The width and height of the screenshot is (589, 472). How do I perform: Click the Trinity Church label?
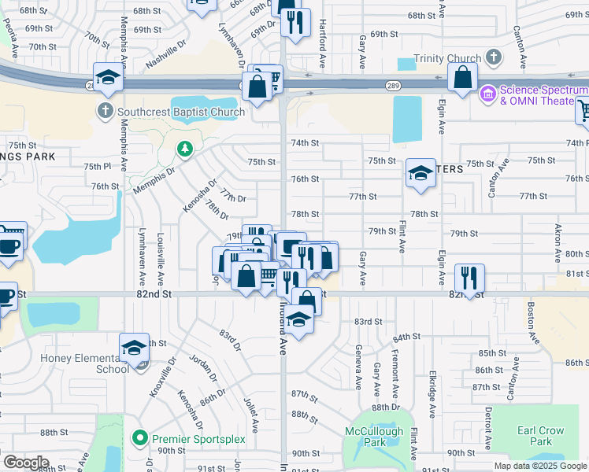tap(447, 58)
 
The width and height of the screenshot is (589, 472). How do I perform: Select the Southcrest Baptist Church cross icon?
tap(106, 112)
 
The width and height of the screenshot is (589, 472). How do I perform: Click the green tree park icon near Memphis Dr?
tap(185, 148)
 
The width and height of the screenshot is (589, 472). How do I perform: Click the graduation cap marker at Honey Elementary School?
tap(135, 347)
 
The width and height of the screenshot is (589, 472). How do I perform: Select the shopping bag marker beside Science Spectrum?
tap(463, 77)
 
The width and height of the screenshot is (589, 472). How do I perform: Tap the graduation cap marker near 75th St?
tap(420, 172)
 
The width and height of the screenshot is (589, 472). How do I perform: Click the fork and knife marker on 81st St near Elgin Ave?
tap(469, 277)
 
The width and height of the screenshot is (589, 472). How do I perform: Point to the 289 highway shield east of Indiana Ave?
tap(391, 85)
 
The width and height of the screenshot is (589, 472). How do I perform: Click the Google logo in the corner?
tap(26, 463)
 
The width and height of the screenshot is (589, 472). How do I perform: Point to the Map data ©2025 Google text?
tap(540, 466)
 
